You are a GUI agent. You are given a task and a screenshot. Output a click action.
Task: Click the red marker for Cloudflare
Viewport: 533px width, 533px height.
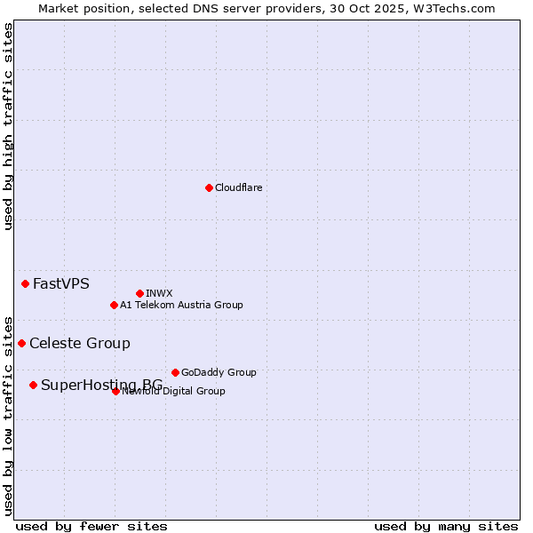[209, 187]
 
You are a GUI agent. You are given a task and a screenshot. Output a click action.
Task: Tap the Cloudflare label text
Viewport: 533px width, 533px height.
[238, 187]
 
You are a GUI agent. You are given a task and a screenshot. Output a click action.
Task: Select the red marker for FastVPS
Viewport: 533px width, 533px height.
[25, 283]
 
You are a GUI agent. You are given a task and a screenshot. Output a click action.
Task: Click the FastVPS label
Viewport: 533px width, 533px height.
[60, 284]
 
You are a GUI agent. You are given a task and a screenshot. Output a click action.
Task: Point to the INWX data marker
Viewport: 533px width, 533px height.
[139, 293]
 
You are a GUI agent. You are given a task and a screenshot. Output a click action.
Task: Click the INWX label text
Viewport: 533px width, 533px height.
[159, 293]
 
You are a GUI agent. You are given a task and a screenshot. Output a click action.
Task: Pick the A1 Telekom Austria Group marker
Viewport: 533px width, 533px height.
[114, 305]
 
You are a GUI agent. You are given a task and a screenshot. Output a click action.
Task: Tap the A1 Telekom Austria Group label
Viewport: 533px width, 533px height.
[181, 305]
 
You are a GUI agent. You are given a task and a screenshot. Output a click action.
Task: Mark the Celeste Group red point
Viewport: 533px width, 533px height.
[21, 343]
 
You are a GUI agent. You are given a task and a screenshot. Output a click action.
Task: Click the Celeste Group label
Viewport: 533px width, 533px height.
[79, 343]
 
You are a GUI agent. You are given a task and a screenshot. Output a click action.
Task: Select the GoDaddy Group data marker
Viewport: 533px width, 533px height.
[175, 372]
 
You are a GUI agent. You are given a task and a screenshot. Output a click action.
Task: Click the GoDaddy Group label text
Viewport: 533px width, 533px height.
[218, 372]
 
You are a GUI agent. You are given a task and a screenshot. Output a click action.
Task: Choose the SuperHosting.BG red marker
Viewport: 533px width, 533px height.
[33, 385]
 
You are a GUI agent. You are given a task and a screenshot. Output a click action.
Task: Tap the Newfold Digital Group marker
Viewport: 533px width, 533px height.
[115, 391]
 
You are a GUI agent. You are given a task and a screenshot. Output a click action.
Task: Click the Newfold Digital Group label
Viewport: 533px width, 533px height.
[174, 391]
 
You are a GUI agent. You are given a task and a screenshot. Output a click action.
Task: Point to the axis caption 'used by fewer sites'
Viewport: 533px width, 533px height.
[91, 526]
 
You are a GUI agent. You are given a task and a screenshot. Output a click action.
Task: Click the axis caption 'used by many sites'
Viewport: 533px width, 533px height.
[446, 526]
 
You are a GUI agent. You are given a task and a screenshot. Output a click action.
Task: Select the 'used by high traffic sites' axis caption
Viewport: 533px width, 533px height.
[8, 126]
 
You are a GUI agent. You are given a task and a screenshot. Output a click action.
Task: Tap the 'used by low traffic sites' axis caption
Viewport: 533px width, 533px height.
[8, 415]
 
